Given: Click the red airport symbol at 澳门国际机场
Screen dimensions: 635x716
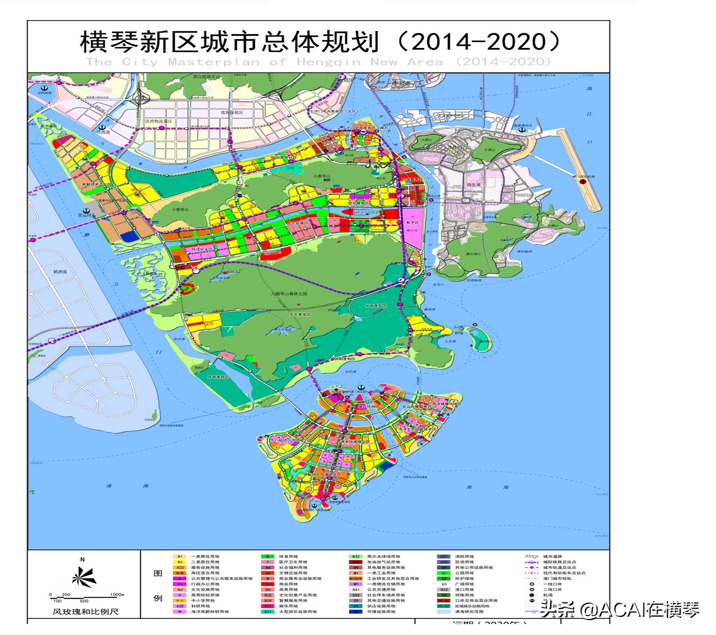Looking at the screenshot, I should pyautogui.click(x=583, y=182).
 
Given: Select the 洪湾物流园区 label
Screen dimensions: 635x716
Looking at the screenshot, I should pyautogui.click(x=159, y=121).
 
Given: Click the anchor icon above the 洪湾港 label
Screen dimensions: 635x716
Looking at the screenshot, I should pyautogui.click(x=102, y=127).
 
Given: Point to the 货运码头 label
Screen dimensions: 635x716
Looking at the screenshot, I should pyautogui.click(x=87, y=215).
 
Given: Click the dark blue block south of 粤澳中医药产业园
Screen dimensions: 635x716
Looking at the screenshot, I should pyautogui.click(x=129, y=237).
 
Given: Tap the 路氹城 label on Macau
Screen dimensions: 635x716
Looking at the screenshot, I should pyautogui.click(x=474, y=185).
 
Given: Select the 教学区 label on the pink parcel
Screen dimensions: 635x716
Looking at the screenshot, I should pyautogui.click(x=412, y=222).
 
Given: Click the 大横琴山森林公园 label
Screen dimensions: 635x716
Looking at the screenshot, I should pyautogui.click(x=289, y=293).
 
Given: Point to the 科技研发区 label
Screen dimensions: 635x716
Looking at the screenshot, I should pyautogui.click(x=202, y=250).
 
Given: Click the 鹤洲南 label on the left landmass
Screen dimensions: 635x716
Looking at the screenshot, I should pyautogui.click(x=60, y=272).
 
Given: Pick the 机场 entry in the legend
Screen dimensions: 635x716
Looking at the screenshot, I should pyautogui.click(x=548, y=595).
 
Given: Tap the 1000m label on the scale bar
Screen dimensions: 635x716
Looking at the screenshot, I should pyautogui.click(x=117, y=595).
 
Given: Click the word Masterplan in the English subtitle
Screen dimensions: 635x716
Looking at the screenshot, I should pyautogui.click(x=214, y=62).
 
